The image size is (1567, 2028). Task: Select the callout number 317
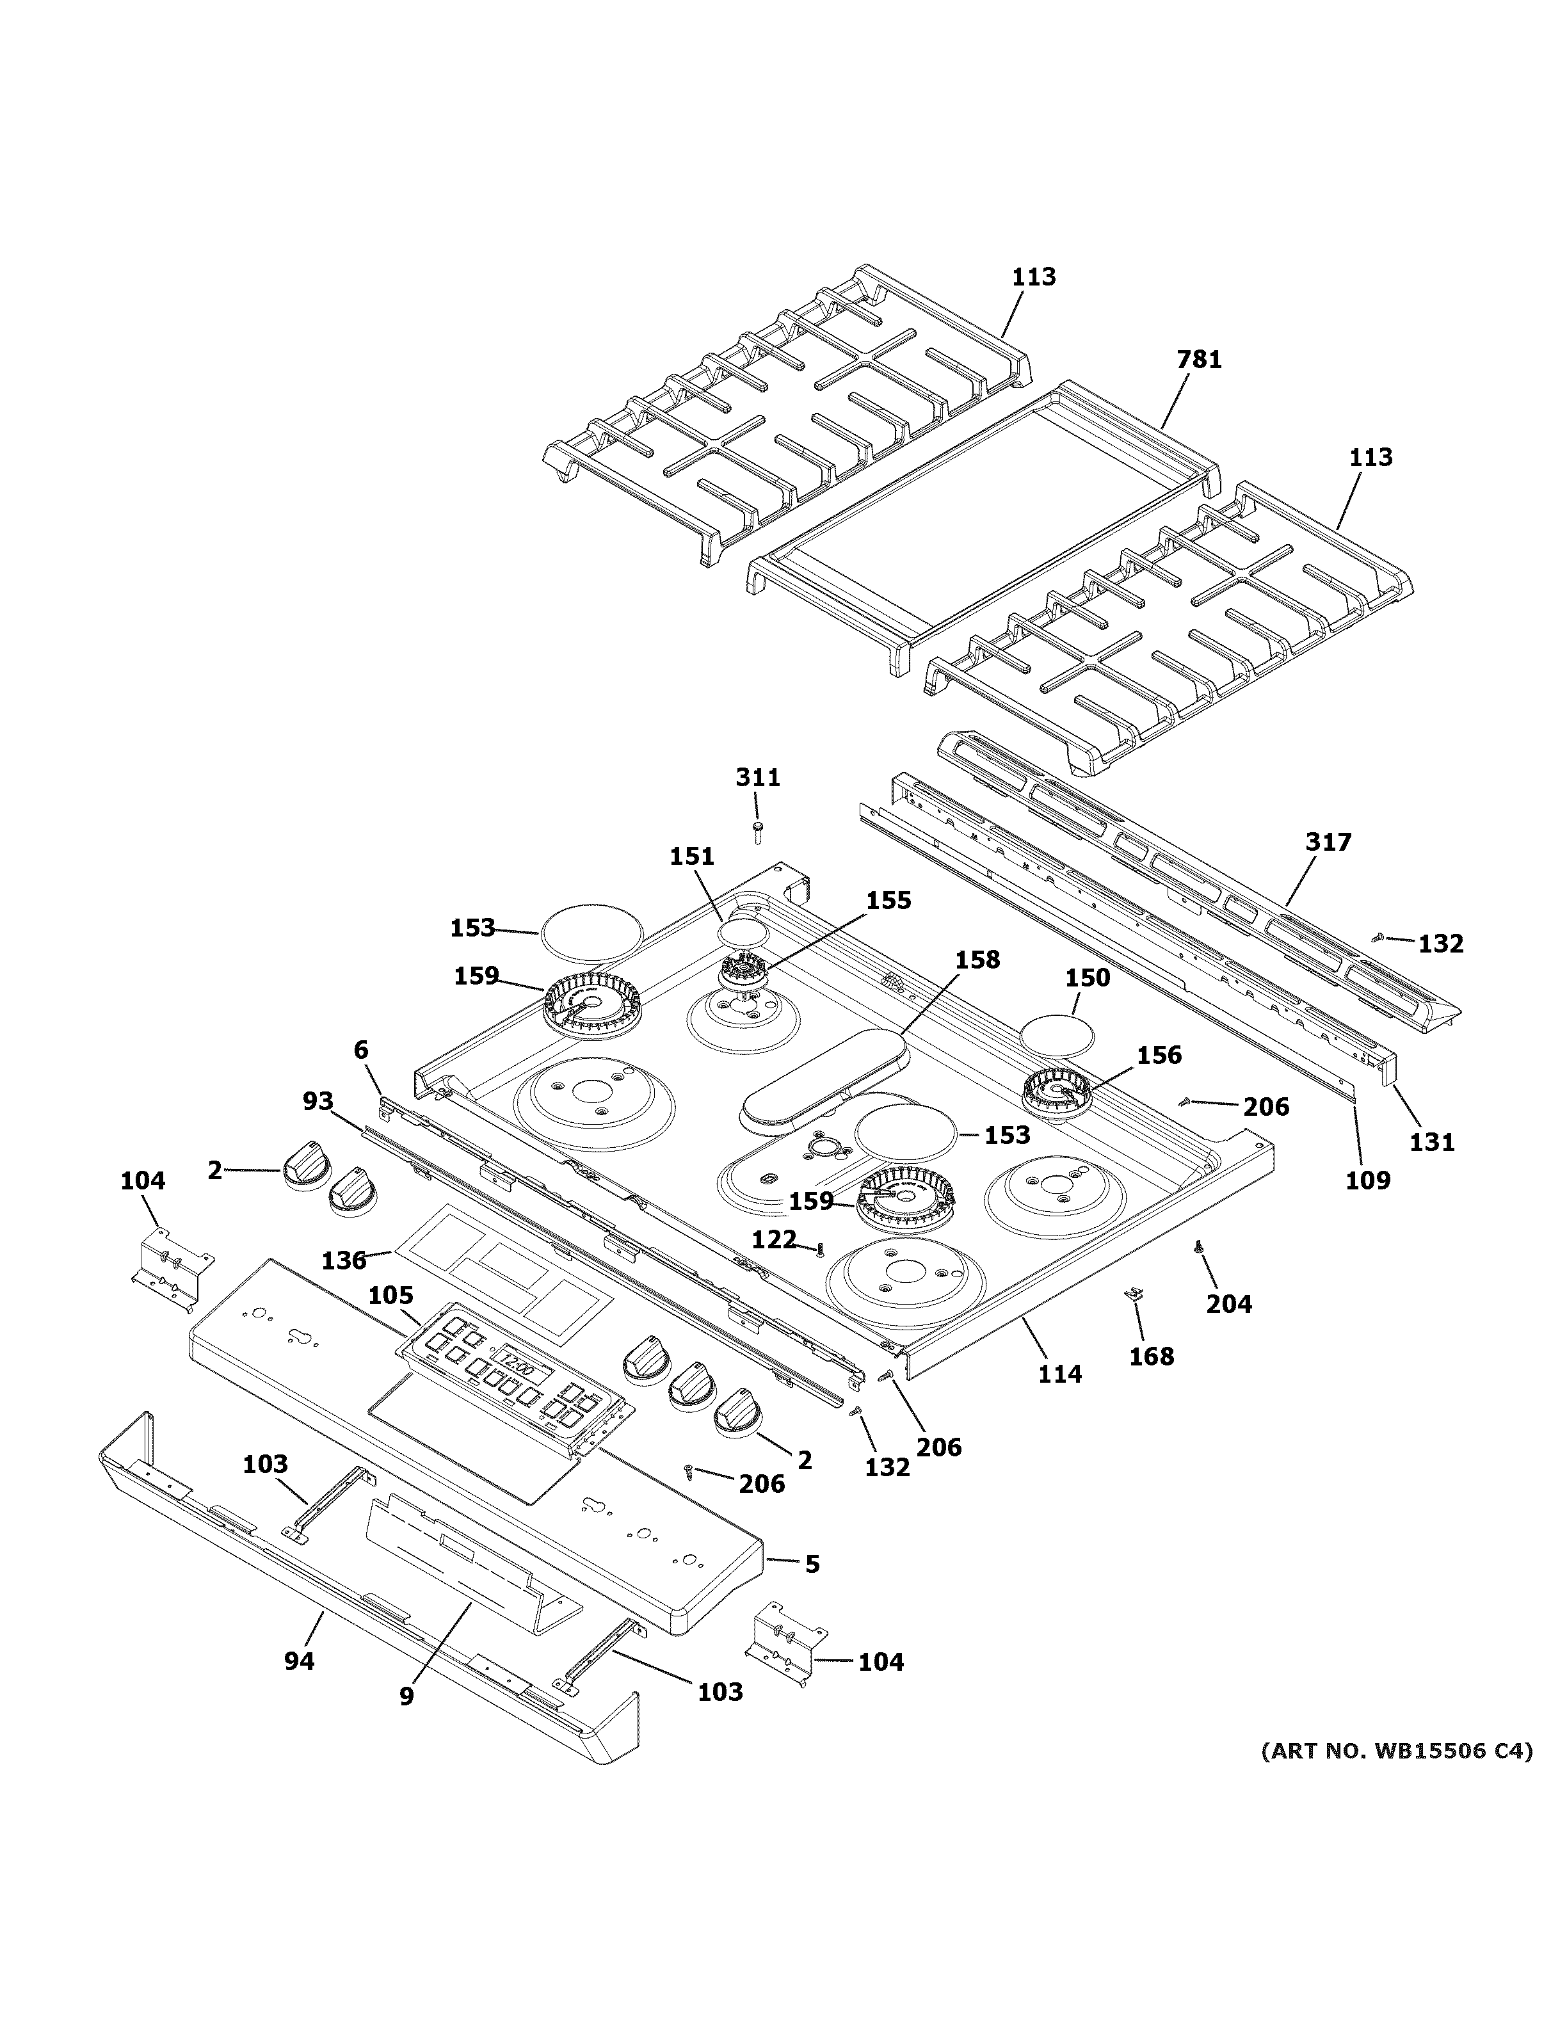click(x=1328, y=842)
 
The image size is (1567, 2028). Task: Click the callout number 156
click(x=1159, y=1055)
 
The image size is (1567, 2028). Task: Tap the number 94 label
click(x=299, y=1661)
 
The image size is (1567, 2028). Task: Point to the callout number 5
click(x=812, y=1564)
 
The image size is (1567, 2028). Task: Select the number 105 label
click(x=391, y=1296)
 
